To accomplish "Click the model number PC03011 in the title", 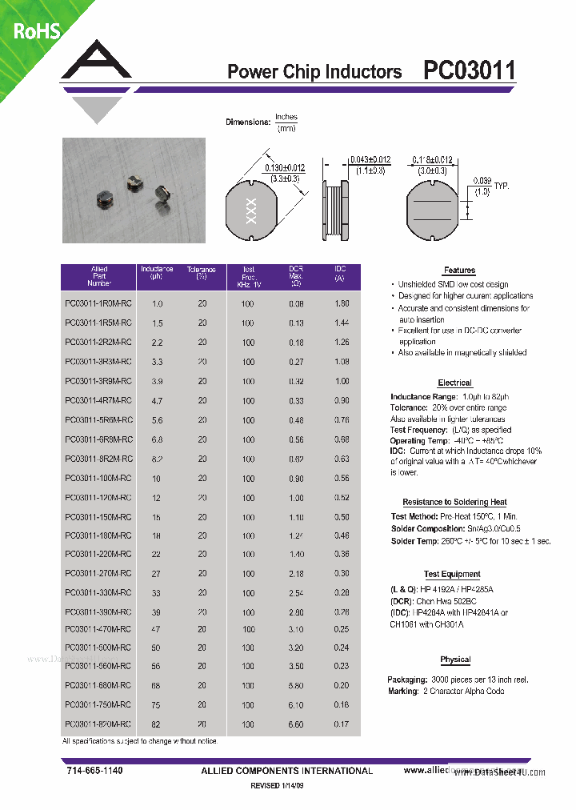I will pyautogui.click(x=469, y=70).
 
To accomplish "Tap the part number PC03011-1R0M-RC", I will pyautogui.click(x=98, y=304).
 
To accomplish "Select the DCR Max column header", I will pyautogui.click(x=295, y=276).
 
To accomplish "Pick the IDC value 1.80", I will pyautogui.click(x=341, y=304).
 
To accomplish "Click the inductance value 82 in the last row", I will pyautogui.click(x=157, y=724).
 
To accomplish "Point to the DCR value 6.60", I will pyautogui.click(x=296, y=724).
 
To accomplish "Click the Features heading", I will pyautogui.click(x=459, y=271).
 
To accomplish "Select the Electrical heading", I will pyautogui.click(x=454, y=383).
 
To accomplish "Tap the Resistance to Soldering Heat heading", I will pyautogui.click(x=454, y=502).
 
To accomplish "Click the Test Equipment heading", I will pyautogui.click(x=452, y=574).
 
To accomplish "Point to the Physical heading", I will pyautogui.click(x=455, y=660).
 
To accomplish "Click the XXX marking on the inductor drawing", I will pyautogui.click(x=250, y=210).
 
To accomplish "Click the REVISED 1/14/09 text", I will pyautogui.click(x=278, y=787).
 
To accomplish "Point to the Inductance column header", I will pyautogui.click(x=157, y=273).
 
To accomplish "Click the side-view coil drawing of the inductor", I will pyautogui.click(x=336, y=210).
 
